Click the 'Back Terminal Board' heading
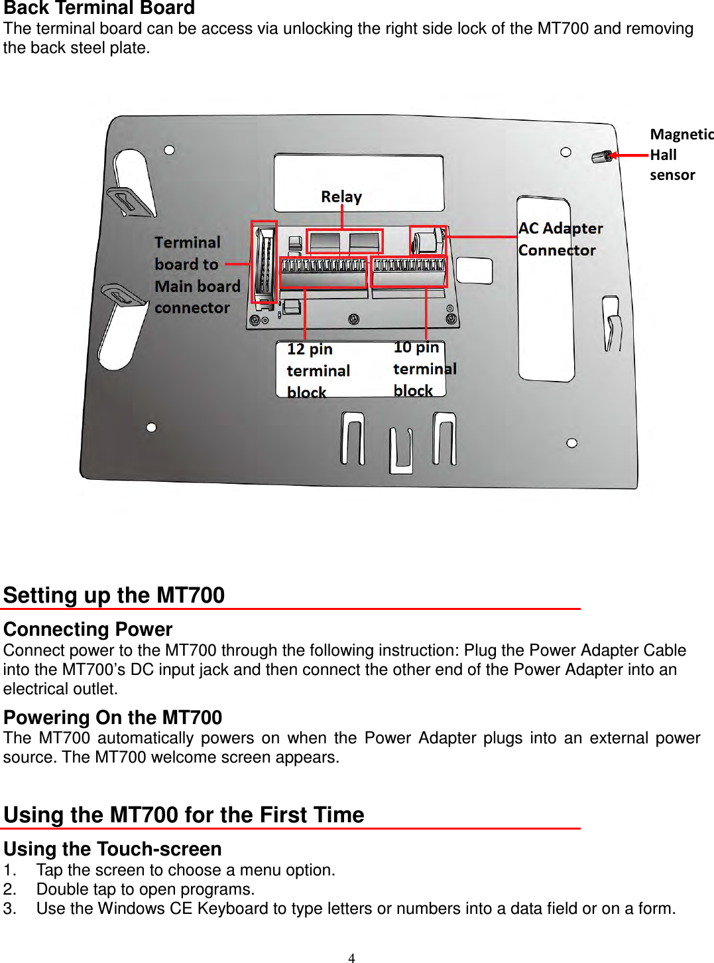tap(99, 8)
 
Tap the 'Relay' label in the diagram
tap(341, 196)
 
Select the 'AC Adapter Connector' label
tap(560, 239)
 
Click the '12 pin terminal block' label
tap(318, 370)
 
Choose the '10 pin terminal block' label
tap(424, 369)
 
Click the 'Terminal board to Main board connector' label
tap(197, 275)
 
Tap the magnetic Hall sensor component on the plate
tap(601, 157)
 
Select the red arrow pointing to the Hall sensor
tap(630, 155)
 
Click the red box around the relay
tap(344, 242)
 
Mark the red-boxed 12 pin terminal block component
tap(323, 272)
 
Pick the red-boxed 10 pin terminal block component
tap(409, 271)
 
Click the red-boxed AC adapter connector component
tap(428, 241)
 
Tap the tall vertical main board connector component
tap(264, 262)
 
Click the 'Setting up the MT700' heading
tap(114, 595)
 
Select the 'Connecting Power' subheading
tap(88, 629)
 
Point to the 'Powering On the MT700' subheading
tap(113, 717)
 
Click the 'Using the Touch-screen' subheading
tap(113, 849)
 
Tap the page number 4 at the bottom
tap(351, 957)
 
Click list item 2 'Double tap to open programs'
tap(145, 889)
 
